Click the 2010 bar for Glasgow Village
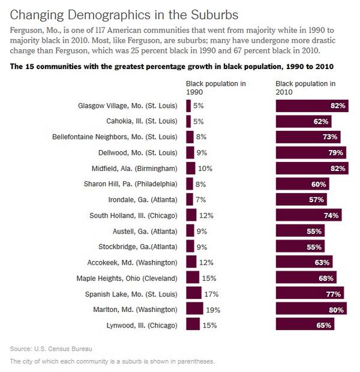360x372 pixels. pos(311,106)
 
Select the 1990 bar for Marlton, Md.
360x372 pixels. pos(194,309)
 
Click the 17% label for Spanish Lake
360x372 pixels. pos(212,293)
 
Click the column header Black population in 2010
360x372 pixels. pos(305,88)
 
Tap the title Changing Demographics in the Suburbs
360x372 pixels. pos(124,13)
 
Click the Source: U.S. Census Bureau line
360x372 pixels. pos(51,349)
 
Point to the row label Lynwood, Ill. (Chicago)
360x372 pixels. pos(139,325)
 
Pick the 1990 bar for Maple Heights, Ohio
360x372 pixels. pos(193,278)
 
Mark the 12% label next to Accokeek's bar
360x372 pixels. pos(205,262)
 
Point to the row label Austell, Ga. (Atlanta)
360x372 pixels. pos(144,231)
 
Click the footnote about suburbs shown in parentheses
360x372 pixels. pos(112,361)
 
